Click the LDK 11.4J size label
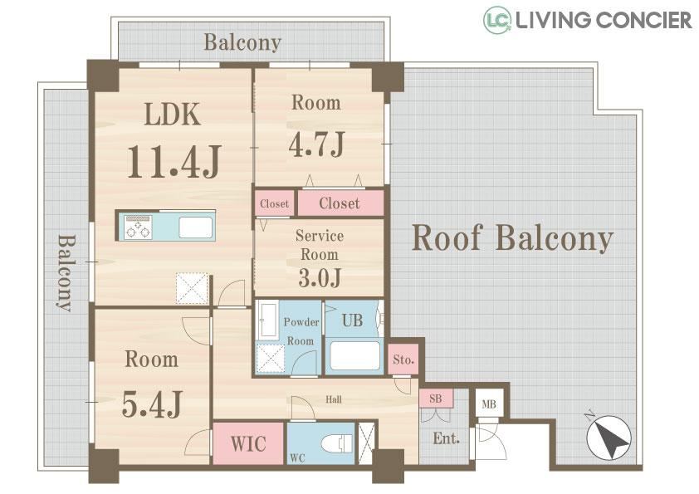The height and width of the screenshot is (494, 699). (174, 161)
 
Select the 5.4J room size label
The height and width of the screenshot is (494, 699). (152, 404)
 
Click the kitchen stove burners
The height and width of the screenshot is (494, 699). (138, 227)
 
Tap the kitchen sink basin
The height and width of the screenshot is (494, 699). (196, 227)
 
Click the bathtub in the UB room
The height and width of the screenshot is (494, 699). (354, 355)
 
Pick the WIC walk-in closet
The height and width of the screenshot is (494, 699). (248, 443)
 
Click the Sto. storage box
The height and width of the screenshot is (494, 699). (403, 359)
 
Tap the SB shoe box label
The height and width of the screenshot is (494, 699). (436, 399)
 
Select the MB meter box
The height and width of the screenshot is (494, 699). (489, 404)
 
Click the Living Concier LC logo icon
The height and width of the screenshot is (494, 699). (497, 20)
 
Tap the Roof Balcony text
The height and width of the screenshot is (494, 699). (512, 238)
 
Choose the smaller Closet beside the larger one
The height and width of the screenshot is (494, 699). (274, 203)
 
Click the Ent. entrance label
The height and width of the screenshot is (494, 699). (447, 438)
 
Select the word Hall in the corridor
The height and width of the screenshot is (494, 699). (334, 399)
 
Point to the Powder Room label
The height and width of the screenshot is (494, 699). (301, 331)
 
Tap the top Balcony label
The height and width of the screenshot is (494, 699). (242, 43)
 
